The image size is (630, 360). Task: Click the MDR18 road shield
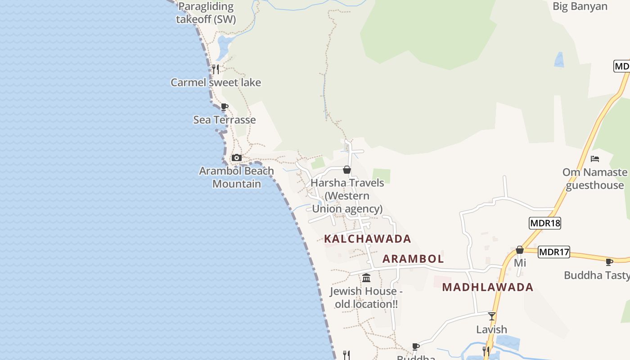[545, 223]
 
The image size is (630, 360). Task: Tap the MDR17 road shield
[554, 252]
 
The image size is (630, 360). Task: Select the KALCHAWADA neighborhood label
[368, 238]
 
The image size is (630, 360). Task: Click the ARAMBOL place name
[413, 259]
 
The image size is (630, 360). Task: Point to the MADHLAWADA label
[487, 287]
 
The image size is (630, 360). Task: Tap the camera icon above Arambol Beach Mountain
[236, 157]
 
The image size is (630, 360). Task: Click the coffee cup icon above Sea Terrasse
[224, 107]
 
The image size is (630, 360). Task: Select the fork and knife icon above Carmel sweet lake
[216, 69]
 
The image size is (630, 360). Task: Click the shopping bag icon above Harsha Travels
[346, 170]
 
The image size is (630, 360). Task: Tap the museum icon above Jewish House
[366, 278]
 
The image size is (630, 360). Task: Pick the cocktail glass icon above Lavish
[492, 316]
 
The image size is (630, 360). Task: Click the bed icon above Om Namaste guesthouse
[595, 158]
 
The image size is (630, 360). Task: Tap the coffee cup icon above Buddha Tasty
[609, 261]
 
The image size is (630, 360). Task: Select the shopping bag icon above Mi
[520, 249]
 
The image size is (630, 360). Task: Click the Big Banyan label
[580, 6]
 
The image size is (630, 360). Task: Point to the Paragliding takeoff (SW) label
[206, 13]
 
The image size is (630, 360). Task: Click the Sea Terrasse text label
[224, 120]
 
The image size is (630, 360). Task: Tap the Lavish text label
[491, 329]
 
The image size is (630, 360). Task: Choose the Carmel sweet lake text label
[216, 82]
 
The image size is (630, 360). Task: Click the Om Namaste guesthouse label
[594, 179]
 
